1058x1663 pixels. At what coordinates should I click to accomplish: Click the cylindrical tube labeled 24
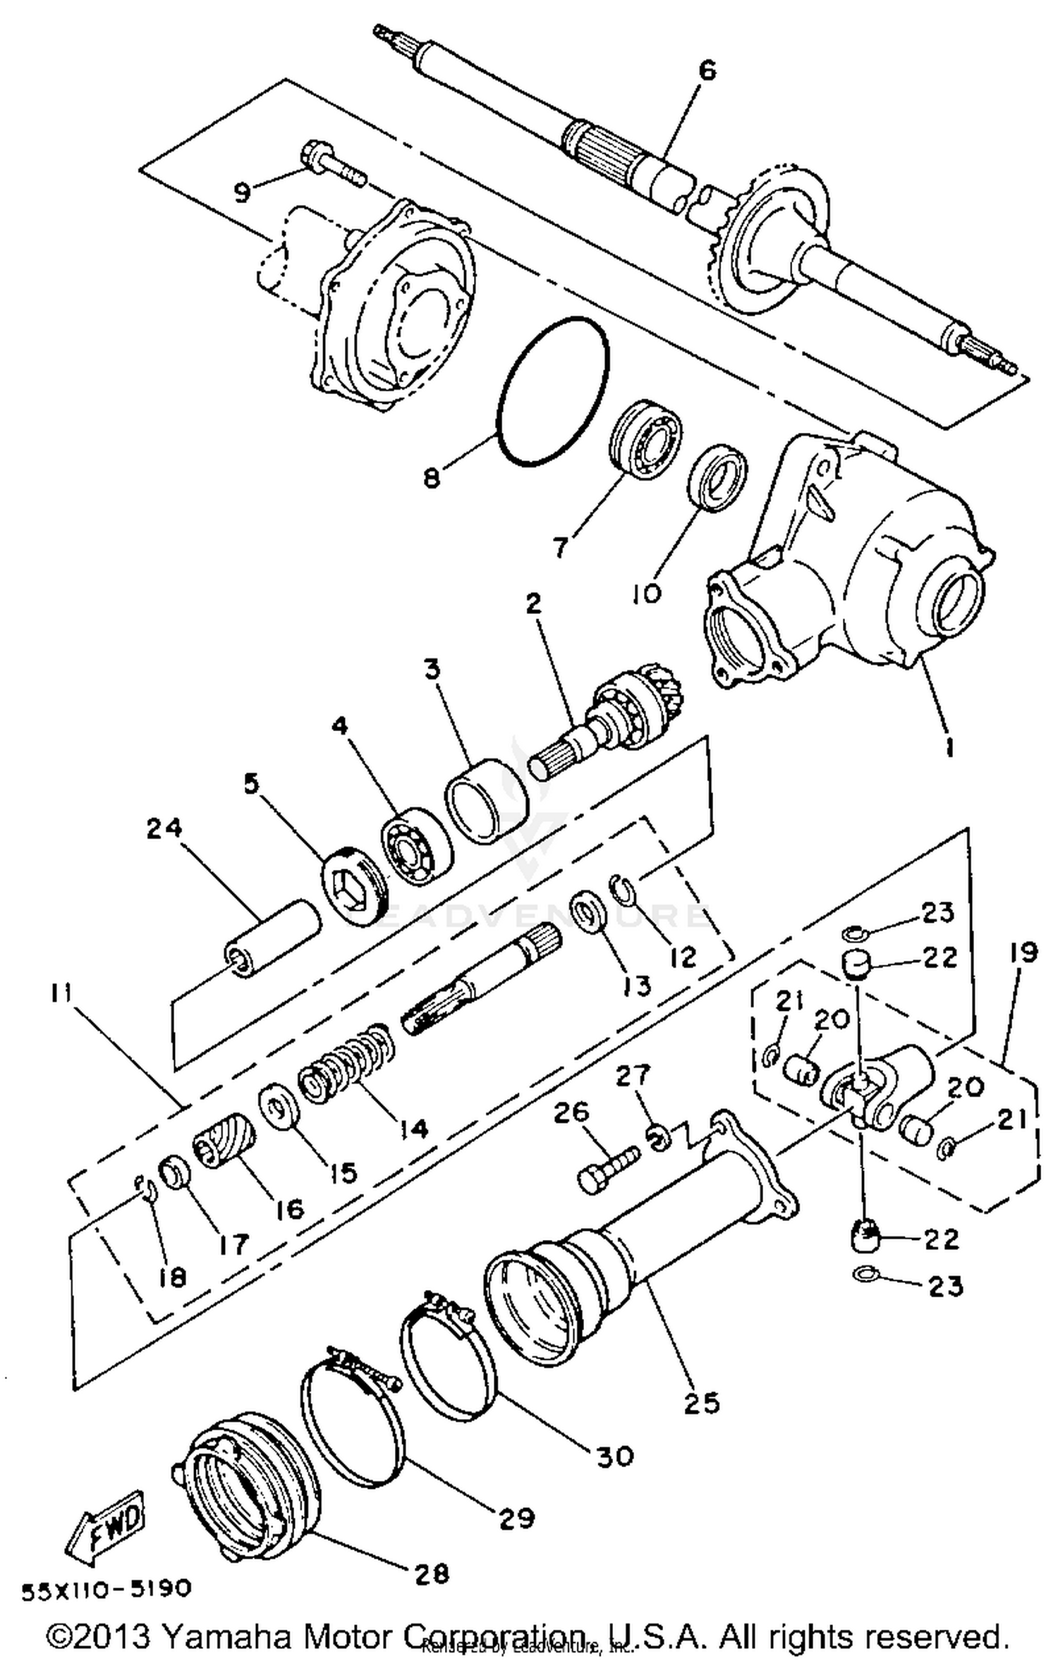(272, 938)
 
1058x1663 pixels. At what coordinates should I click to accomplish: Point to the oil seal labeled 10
(717, 477)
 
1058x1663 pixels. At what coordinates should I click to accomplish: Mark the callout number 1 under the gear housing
(949, 746)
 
